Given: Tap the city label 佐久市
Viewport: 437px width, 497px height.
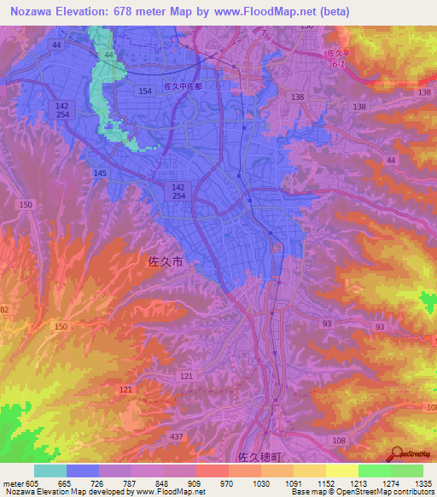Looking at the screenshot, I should (160, 266).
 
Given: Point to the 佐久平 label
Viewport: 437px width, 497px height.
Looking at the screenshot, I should (339, 52).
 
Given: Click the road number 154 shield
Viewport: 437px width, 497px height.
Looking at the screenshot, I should (144, 90).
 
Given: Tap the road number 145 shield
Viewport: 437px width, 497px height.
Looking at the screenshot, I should (101, 173).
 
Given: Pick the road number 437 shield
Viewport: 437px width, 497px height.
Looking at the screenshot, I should (175, 436).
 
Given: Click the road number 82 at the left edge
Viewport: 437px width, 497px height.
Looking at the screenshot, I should (4, 310).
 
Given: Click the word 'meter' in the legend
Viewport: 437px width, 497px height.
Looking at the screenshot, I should (13, 483).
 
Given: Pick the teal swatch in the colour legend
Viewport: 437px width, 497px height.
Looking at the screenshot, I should (50, 471).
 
